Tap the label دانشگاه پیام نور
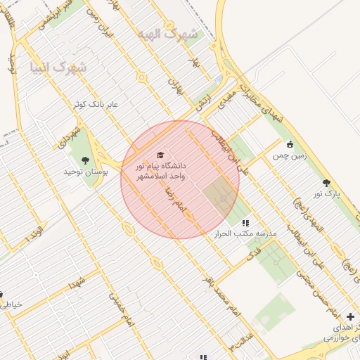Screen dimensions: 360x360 [162, 166]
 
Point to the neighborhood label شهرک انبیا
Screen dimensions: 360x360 [58, 67]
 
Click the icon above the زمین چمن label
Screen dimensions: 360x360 [290, 144]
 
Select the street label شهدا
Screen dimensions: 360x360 [75, 283]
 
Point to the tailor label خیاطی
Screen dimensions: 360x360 [12, 304]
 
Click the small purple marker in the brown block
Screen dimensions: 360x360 [224, 199]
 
